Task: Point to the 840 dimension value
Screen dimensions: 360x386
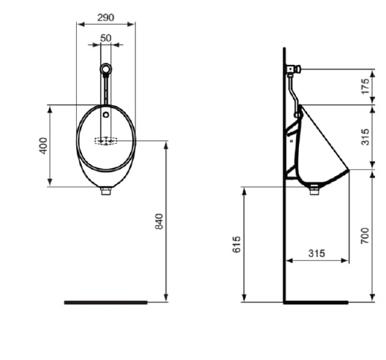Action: pyautogui.click(x=159, y=221)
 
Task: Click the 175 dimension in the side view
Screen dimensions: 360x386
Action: pyautogui.click(x=366, y=86)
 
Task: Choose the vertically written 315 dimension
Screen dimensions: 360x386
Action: pyautogui.click(x=366, y=137)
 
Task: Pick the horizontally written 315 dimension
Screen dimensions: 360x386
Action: pyautogui.click(x=316, y=253)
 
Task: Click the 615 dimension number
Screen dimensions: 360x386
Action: pyautogui.click(x=236, y=245)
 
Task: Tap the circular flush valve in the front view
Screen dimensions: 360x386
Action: pyautogui.click(x=106, y=69)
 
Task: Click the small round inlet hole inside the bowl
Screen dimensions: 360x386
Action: pyautogui.click(x=106, y=115)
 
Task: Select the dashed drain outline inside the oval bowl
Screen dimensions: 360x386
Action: pyautogui.click(x=106, y=140)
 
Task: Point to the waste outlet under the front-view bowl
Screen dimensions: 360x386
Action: pyautogui.click(x=106, y=191)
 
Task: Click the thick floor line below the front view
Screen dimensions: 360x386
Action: pyautogui.click(x=105, y=302)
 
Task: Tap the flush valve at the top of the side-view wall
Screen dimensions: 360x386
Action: pyautogui.click(x=292, y=69)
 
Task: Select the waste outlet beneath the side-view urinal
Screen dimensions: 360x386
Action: pyautogui.click(x=315, y=191)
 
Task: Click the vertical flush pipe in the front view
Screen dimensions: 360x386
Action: pyautogui.click(x=106, y=91)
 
